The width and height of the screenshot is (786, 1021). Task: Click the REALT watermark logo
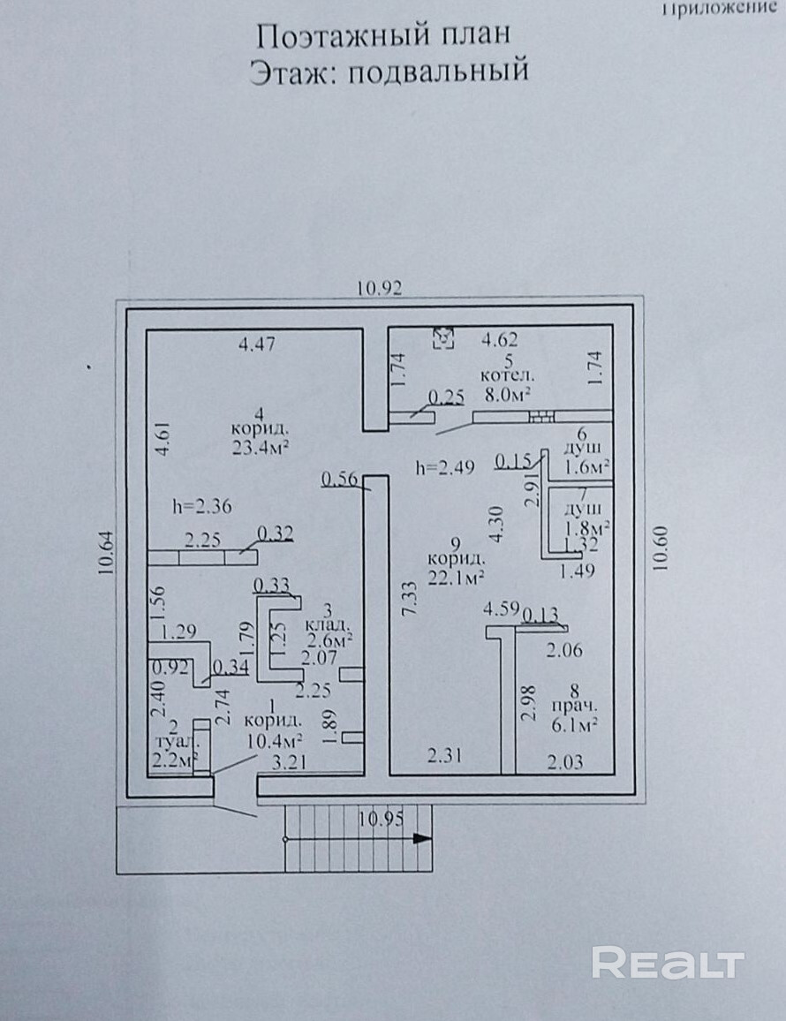click(x=668, y=963)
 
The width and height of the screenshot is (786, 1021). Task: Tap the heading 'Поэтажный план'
click(x=383, y=36)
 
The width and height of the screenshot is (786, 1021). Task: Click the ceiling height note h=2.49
click(x=445, y=467)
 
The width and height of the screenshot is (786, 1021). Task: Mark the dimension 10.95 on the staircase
click(x=382, y=818)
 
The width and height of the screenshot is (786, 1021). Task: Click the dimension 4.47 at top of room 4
click(x=256, y=344)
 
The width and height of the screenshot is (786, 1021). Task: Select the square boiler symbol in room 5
click(x=444, y=337)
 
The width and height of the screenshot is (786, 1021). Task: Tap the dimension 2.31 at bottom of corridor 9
click(x=445, y=755)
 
